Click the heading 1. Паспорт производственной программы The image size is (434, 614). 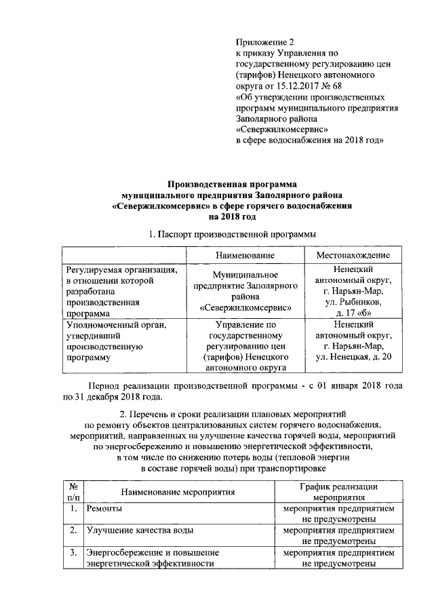(x=233, y=234)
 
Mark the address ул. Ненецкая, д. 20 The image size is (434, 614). (x=349, y=357)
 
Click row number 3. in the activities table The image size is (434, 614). (x=72, y=552)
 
